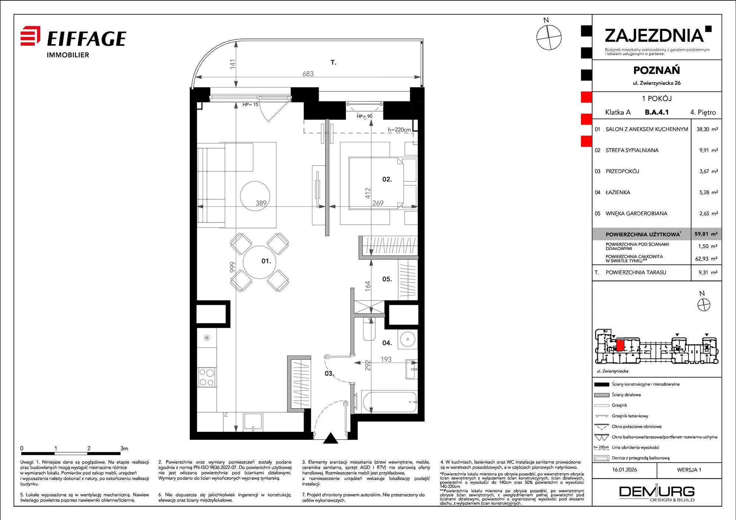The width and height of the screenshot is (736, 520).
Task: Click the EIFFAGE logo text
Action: tap(86, 39)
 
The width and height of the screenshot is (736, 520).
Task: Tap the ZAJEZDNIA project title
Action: tap(654, 36)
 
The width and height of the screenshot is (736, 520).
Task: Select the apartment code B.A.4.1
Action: tap(657, 112)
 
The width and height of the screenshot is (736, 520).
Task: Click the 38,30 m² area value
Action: tap(707, 129)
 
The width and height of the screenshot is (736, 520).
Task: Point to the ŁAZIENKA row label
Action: tap(618, 192)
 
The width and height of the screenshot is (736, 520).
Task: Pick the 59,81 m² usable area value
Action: tap(706, 234)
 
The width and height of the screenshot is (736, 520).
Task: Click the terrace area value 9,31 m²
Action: tap(708, 273)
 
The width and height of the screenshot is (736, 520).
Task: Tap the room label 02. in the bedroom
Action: tap(387, 179)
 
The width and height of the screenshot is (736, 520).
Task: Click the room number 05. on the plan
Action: tap(387, 279)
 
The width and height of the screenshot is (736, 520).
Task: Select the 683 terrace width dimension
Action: tap(308, 74)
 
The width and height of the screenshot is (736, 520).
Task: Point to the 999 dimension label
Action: tap(232, 267)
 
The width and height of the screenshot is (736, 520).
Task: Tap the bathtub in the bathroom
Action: tap(389, 402)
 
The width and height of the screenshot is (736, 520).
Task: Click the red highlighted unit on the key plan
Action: tap(620, 345)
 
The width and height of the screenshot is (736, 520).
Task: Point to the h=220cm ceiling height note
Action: tap(399, 129)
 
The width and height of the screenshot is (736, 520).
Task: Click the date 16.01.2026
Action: tap(624, 470)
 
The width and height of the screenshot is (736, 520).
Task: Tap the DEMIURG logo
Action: tap(657, 493)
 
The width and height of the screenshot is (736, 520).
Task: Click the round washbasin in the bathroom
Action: tap(407, 339)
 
